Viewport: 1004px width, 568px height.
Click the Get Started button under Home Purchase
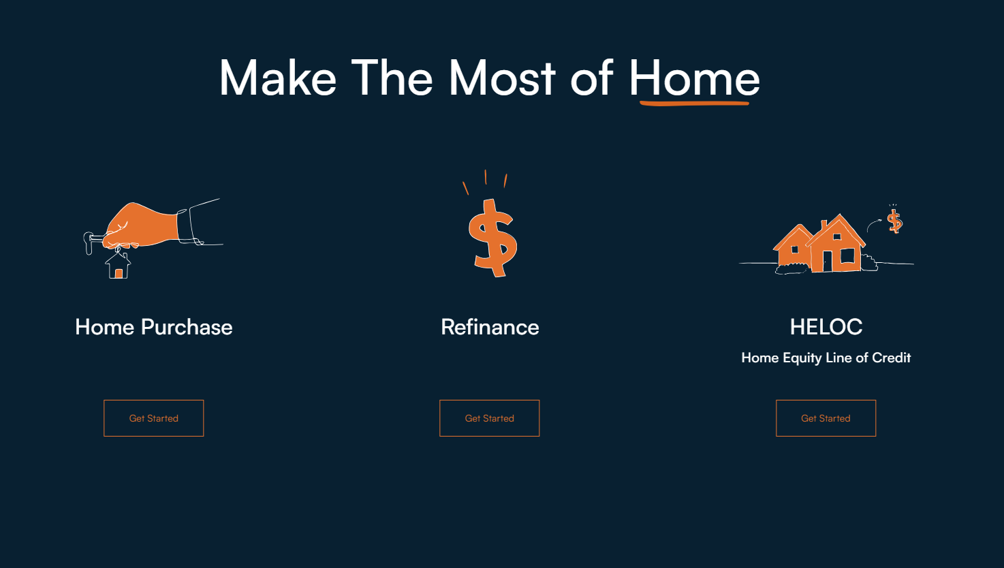pyautogui.click(x=154, y=417)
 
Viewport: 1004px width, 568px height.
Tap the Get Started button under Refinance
pyautogui.click(x=490, y=417)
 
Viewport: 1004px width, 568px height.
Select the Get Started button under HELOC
pyautogui.click(x=826, y=417)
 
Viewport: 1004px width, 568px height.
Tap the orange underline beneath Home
pyautogui.click(x=694, y=104)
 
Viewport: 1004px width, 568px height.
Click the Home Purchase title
pyautogui.click(x=154, y=327)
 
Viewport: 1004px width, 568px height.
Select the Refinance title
pyautogui.click(x=490, y=327)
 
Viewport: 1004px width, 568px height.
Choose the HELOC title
pyautogui.click(x=826, y=327)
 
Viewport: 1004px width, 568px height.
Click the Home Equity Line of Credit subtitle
pyautogui.click(x=826, y=358)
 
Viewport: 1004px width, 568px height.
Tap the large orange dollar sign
pyautogui.click(x=492, y=238)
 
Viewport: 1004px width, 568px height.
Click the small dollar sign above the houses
pyautogui.click(x=895, y=221)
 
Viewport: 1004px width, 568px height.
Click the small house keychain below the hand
pyautogui.click(x=118, y=264)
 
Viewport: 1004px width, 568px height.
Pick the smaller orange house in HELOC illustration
pyautogui.click(x=792, y=249)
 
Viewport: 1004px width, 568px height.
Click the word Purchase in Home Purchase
pyautogui.click(x=187, y=327)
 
